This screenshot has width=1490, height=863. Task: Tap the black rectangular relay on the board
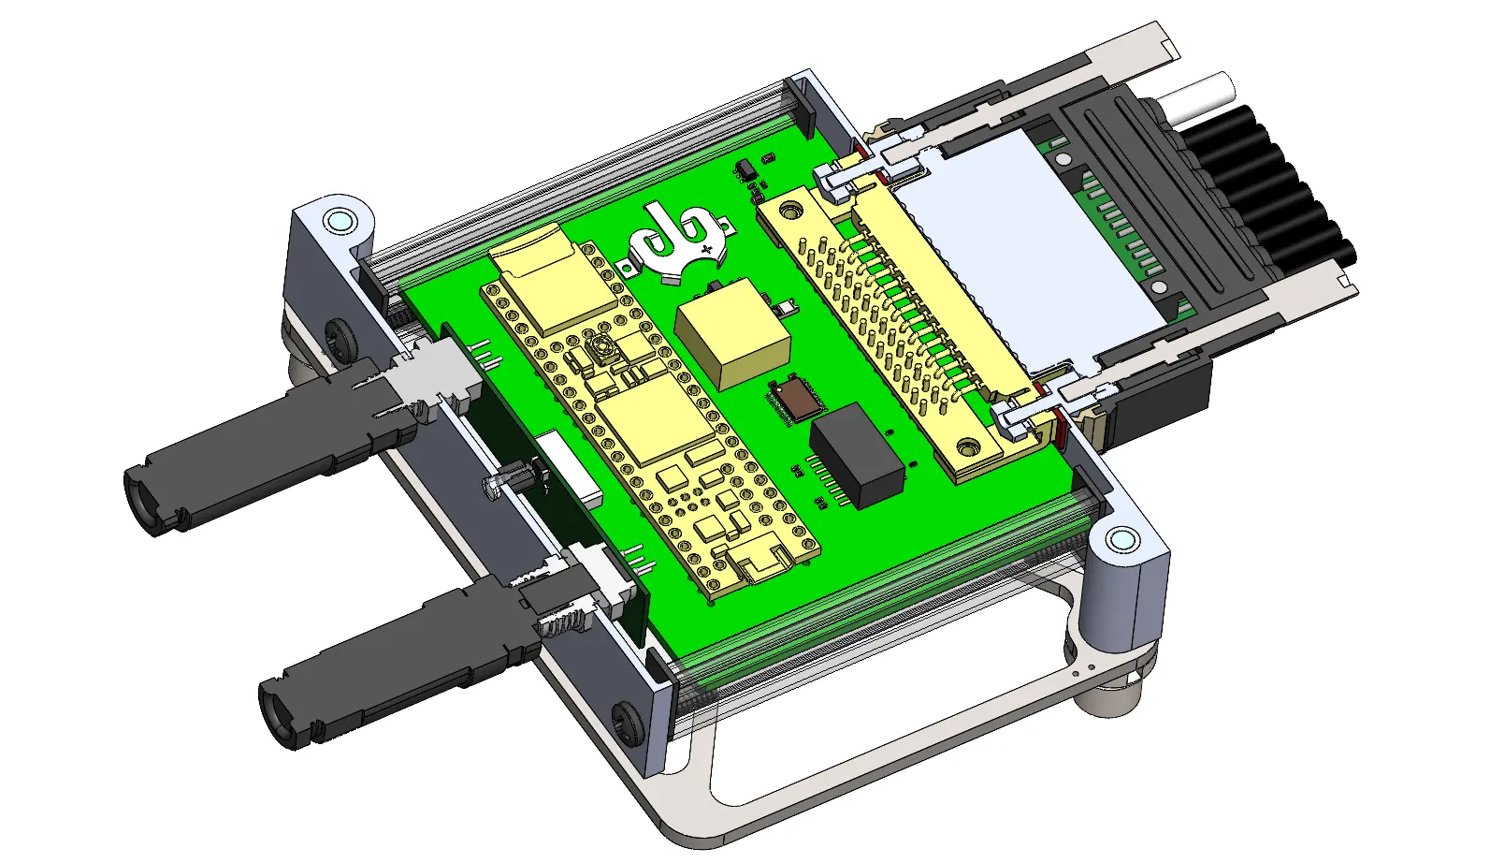(x=856, y=456)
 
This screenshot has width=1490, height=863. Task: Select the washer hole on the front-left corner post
(x=339, y=222)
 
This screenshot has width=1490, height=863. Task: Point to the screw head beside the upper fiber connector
(x=337, y=334)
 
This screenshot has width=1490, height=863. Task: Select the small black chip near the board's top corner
(x=745, y=170)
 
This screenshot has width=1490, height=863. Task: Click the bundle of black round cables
(x=1281, y=187)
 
